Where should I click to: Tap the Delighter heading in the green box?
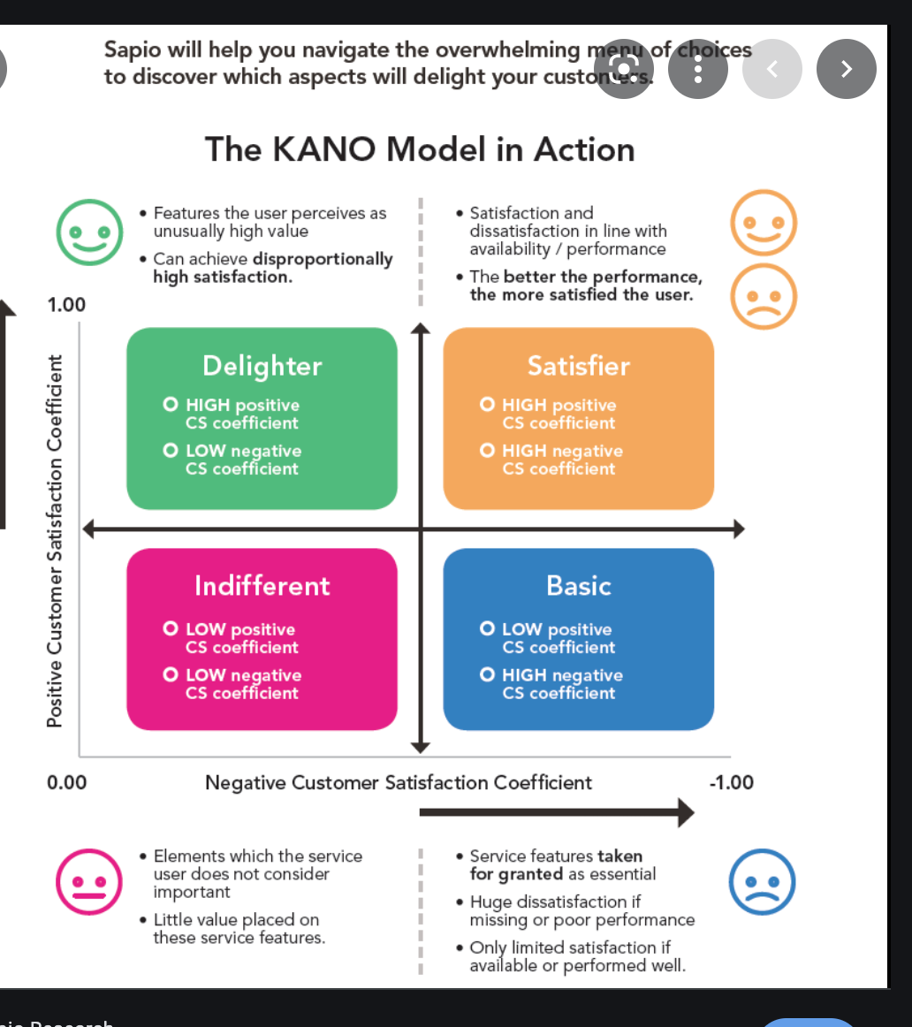point(262,366)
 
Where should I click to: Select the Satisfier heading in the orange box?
point(578,366)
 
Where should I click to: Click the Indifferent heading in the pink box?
point(262,586)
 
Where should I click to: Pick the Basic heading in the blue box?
point(578,586)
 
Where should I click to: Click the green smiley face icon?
point(89,232)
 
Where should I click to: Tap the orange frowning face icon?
point(764,296)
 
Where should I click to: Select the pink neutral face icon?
point(88,881)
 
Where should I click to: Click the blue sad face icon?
point(762,881)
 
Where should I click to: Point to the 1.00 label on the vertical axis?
point(66,306)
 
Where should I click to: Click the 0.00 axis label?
point(66,782)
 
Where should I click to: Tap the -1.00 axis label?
point(731,782)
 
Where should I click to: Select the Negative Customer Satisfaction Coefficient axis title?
point(399,782)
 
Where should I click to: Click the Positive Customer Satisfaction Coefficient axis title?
point(55,541)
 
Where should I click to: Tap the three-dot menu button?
point(697,69)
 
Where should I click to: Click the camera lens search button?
point(624,69)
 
